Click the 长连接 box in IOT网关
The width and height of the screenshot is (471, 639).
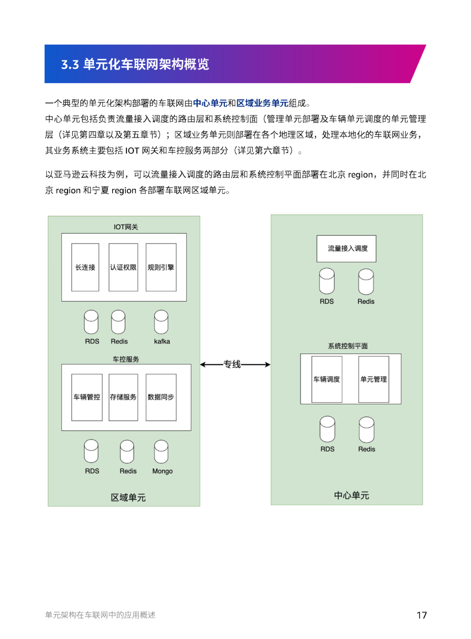[85, 267]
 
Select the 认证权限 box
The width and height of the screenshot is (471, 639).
[123, 267]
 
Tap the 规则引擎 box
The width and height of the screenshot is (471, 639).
[161, 267]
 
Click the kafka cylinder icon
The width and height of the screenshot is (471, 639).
[161, 322]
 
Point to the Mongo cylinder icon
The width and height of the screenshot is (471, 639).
[161, 452]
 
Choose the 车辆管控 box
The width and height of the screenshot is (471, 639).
[87, 398]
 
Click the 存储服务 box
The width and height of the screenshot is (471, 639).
[123, 398]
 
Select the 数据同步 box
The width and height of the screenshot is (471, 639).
[161, 398]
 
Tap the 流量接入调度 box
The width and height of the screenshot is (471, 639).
[346, 248]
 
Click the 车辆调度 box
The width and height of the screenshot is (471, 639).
[327, 379]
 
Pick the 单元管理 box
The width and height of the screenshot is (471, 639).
[374, 379]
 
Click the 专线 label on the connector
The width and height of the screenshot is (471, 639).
[232, 364]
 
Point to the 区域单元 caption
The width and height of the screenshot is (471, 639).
[128, 497]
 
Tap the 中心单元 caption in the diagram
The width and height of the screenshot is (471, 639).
[352, 496]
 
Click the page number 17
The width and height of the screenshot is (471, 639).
[422, 615]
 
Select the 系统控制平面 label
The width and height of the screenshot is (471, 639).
[348, 346]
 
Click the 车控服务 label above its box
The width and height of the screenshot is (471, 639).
[126, 359]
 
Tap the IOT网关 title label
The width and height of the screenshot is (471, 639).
[126, 227]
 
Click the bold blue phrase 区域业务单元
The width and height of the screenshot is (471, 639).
[263, 103]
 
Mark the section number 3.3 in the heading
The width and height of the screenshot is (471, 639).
[70, 64]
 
